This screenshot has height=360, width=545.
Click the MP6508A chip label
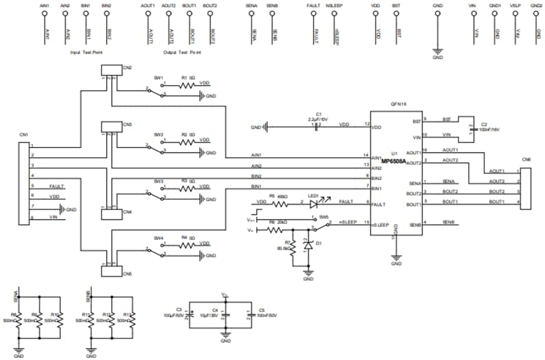[x=394, y=162]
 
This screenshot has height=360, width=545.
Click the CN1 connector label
[x=25, y=136]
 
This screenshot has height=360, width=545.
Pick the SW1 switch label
[x=159, y=78]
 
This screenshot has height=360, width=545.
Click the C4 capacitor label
[x=215, y=310]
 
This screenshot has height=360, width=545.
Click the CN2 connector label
[x=127, y=67]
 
